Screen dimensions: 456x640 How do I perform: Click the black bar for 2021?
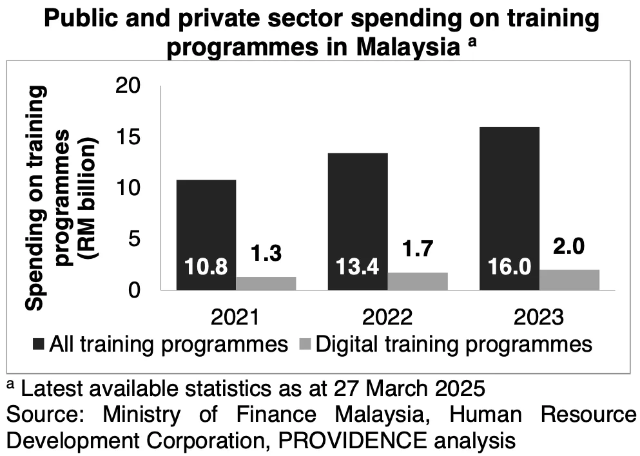pos(207,219)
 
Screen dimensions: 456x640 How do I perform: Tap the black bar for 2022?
pos(358,206)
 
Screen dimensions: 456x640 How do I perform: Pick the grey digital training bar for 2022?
pos(418,281)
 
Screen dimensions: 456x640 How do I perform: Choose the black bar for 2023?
pos(510,193)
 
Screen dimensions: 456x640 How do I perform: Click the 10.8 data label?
pos(206,267)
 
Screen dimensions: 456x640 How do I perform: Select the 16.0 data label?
pos(509,267)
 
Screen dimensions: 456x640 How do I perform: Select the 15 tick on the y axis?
pos(129,137)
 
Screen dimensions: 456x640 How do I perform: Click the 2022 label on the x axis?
pos(387,318)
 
